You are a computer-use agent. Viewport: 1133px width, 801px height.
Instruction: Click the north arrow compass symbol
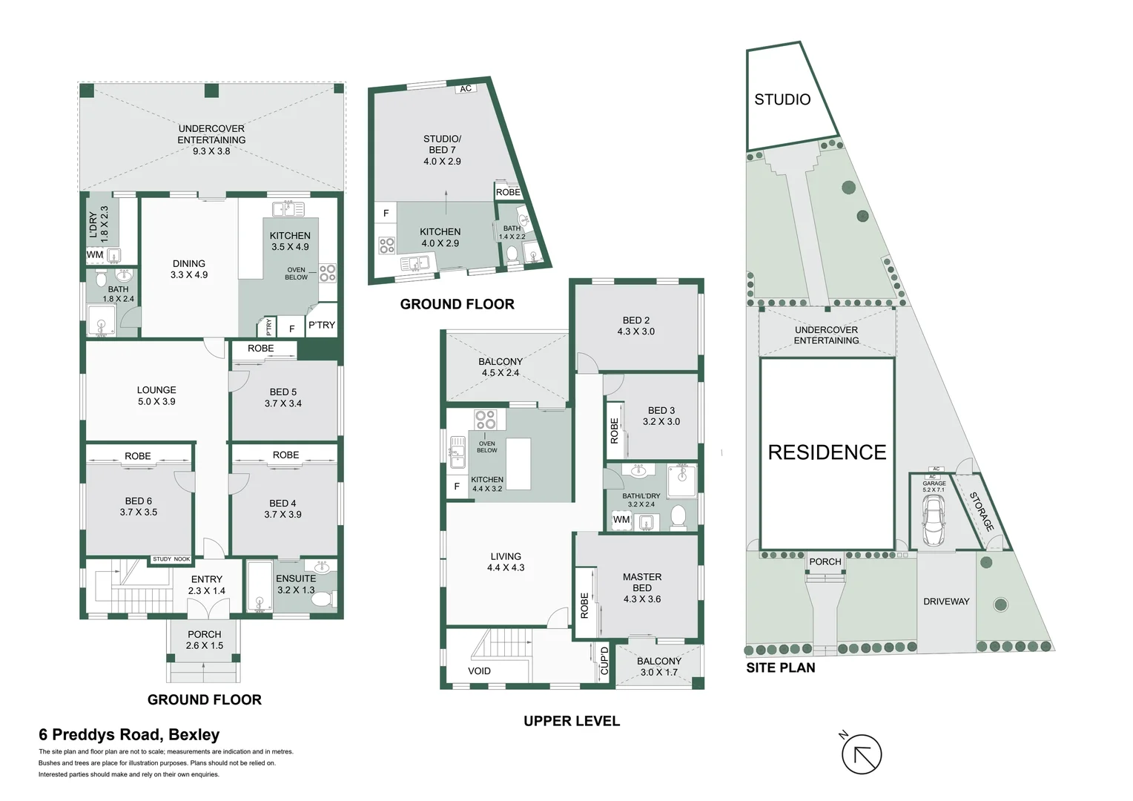click(861, 755)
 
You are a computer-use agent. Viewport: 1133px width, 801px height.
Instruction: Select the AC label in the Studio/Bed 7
click(466, 89)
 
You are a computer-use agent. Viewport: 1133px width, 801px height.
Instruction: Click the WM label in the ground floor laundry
click(95, 254)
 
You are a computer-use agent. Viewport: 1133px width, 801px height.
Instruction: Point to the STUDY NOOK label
click(171, 559)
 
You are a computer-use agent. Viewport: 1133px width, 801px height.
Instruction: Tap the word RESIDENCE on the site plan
click(827, 452)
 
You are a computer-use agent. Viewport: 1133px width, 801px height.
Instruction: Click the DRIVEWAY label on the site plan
click(946, 601)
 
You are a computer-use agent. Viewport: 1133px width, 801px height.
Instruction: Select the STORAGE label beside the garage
click(981, 512)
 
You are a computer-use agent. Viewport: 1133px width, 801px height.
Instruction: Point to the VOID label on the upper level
click(479, 671)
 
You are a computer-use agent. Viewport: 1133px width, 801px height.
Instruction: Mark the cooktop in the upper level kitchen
click(486, 420)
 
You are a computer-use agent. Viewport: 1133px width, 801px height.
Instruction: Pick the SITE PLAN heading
click(780, 667)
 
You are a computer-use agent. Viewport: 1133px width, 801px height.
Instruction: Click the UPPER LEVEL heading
click(572, 721)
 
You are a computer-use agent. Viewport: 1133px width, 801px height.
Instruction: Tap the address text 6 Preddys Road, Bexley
click(129, 735)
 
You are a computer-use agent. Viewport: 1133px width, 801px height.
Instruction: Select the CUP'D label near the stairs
click(604, 661)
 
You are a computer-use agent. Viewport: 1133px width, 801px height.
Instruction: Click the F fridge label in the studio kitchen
click(386, 214)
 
